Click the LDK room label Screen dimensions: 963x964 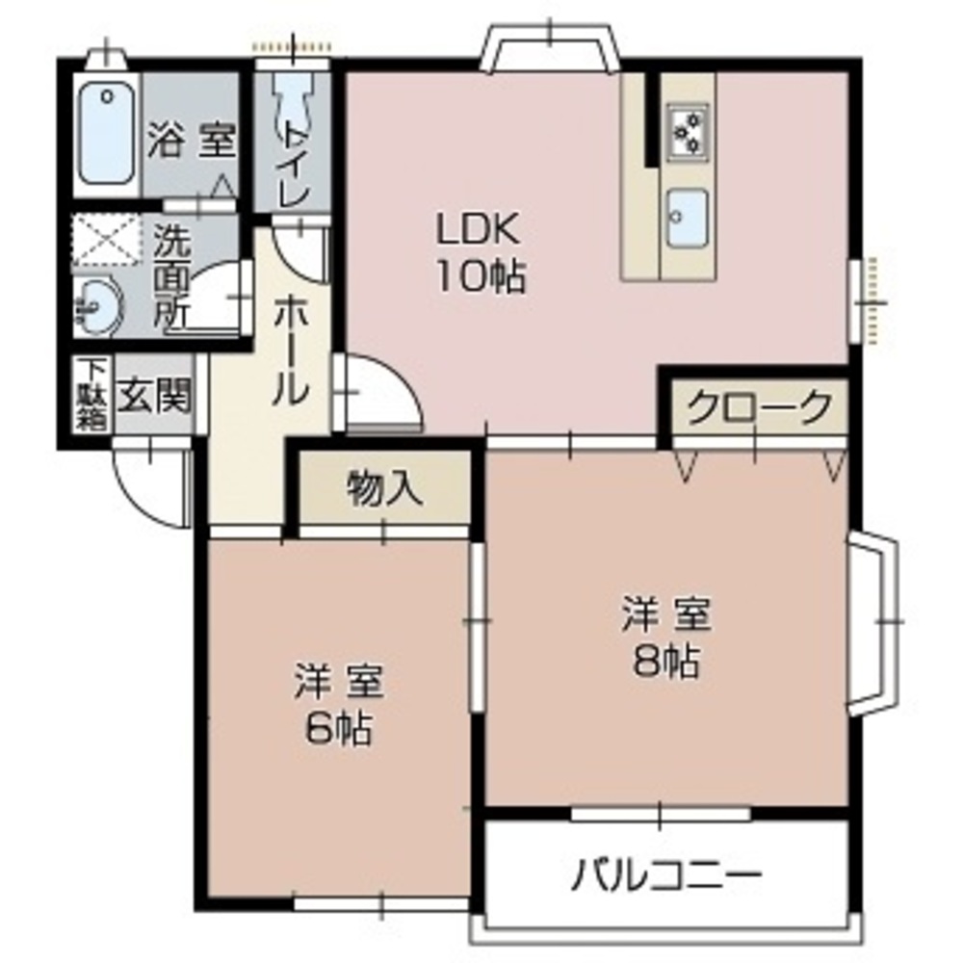tap(480, 230)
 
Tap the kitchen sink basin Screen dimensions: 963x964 tap(688, 216)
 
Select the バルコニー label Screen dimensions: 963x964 tap(666, 874)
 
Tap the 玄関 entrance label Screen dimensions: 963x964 tap(154, 396)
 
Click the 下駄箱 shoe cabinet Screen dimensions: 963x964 tap(92, 395)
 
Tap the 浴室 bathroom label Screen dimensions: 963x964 tap(191, 143)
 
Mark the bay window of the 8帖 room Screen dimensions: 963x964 tap(874, 625)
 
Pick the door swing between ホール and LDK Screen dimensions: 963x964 tap(380, 395)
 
